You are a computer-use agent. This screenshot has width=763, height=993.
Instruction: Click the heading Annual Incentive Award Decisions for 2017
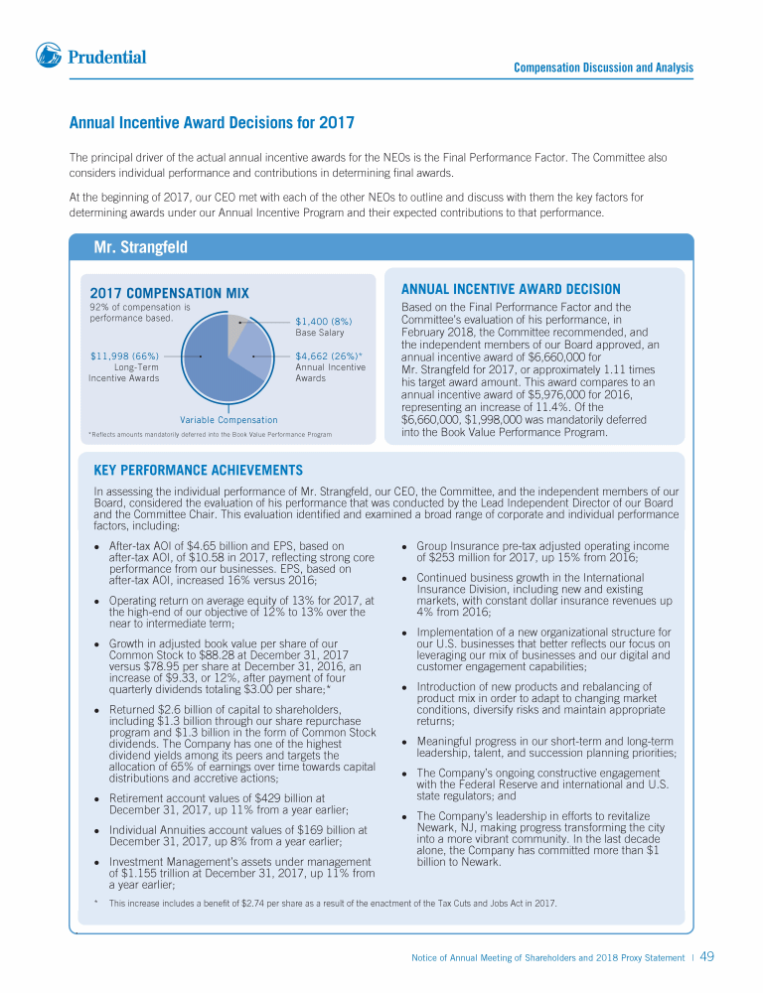tap(212, 123)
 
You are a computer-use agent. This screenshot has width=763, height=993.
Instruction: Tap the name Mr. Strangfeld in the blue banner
tap(141, 246)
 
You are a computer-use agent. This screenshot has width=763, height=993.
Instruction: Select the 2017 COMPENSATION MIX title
tap(169, 293)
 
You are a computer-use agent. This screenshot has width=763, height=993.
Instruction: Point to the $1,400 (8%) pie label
tap(323, 321)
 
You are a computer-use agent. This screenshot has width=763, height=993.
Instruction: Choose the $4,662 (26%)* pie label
tap(329, 355)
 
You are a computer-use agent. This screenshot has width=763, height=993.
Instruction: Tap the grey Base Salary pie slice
tap(237, 323)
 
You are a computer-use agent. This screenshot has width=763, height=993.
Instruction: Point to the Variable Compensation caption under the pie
tap(229, 420)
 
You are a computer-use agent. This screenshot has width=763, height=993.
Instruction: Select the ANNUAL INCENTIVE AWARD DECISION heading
tap(511, 289)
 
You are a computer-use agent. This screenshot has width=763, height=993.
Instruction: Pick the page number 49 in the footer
tap(707, 957)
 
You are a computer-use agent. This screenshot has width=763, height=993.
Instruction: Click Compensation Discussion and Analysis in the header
tap(603, 68)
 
